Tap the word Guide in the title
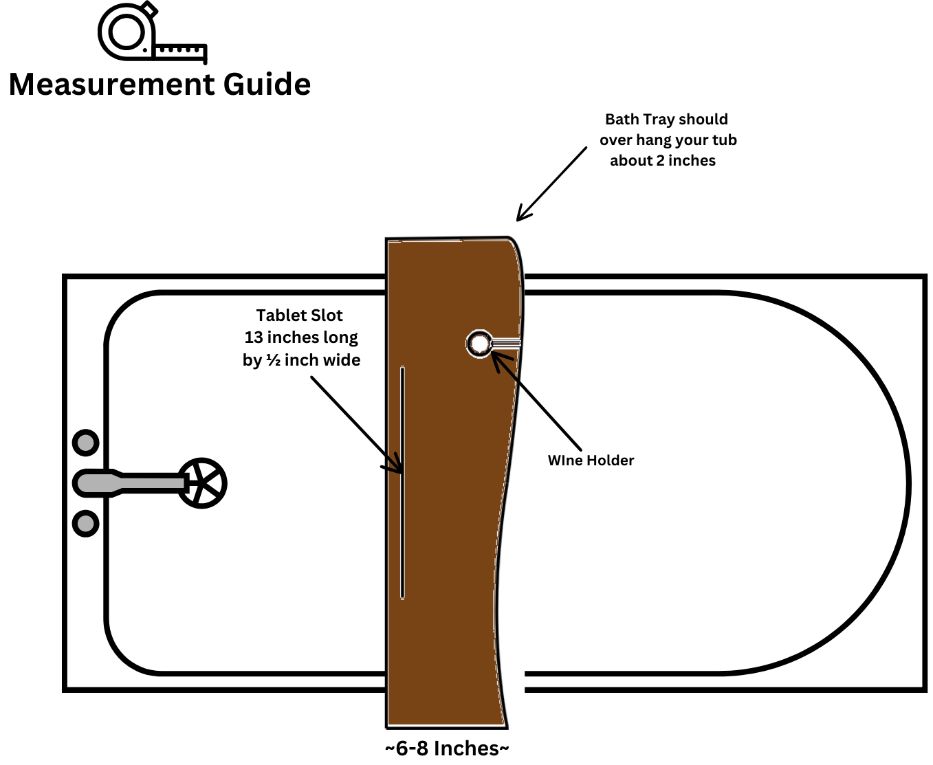[267, 85]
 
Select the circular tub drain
[202, 483]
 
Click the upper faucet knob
[86, 443]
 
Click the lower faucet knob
[86, 524]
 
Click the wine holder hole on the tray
[479, 344]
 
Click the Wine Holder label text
[591, 461]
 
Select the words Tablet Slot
[299, 315]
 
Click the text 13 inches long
[301, 337]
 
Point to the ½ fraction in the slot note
[274, 360]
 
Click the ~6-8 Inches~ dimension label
[447, 748]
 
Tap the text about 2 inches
[663, 161]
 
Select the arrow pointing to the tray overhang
[551, 184]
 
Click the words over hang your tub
[668, 140]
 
